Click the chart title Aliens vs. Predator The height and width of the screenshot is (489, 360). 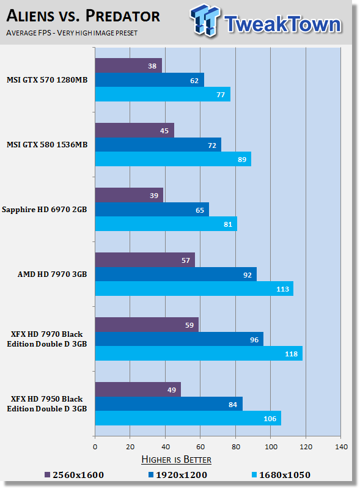coord(83,16)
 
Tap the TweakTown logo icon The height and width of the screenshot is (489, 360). coord(205,20)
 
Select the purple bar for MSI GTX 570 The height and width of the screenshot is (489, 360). coord(128,65)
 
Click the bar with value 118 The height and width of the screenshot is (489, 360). coord(199,353)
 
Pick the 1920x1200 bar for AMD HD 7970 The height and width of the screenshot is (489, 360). coord(176,274)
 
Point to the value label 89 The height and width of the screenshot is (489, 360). coord(242,160)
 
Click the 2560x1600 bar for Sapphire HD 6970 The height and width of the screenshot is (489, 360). coord(129,195)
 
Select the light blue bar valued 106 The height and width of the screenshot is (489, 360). coord(188,418)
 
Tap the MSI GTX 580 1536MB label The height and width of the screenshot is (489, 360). coord(47,145)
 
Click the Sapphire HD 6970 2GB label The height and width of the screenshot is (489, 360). coord(44,210)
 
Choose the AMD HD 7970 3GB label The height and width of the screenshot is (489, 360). coord(52,274)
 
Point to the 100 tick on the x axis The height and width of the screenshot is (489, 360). coord(271,447)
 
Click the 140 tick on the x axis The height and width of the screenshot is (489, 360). coord(341,447)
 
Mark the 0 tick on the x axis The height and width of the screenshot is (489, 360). coord(95,447)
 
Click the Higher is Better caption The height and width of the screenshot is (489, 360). coord(176,460)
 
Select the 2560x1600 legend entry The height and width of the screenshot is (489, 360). coord(74,475)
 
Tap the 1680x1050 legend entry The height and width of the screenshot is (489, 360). coord(281,475)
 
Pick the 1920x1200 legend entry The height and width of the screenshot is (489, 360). coord(177,475)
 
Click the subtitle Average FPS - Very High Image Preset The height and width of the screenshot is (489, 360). coord(72,33)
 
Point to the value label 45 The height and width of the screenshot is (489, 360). coord(164,131)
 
